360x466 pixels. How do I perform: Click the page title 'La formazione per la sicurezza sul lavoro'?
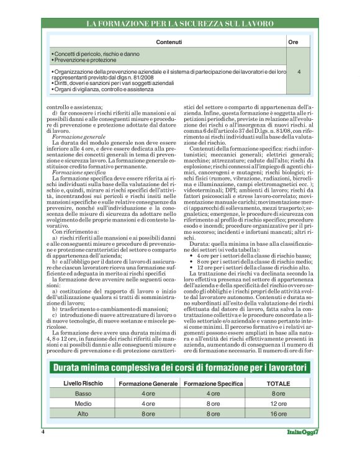179,24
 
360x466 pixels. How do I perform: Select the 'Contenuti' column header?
168,42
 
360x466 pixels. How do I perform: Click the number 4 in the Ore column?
299,72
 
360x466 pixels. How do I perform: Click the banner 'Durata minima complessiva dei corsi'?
179,368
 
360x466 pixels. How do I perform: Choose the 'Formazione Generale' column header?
148,383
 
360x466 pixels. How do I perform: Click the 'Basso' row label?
83,393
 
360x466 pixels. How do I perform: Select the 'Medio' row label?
83,403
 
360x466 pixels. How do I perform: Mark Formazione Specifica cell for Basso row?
213,393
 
